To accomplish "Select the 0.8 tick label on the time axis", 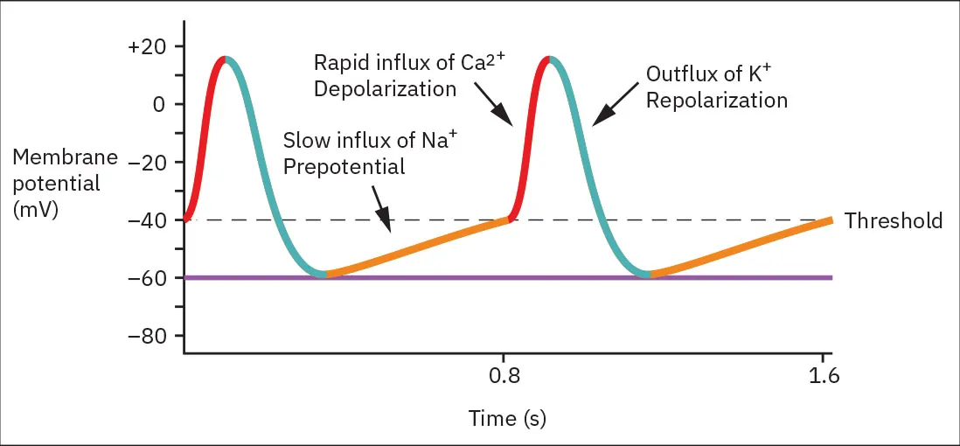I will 504,377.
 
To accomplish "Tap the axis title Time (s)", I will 507,418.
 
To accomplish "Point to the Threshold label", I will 894,220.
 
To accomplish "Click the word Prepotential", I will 344,166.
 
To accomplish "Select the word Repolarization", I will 716,100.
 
